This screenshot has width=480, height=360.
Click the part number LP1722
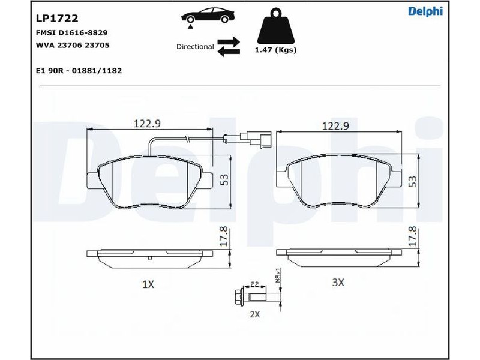57,19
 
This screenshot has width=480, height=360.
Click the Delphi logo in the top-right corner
425,11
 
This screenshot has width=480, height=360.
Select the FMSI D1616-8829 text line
72,33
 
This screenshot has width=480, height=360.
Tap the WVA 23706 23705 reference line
73,46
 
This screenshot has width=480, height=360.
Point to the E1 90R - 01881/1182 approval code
79,71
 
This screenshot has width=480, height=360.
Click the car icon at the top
208,16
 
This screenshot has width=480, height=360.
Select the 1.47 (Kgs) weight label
276,50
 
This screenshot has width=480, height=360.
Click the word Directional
195,47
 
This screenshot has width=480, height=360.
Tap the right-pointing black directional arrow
229,42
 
